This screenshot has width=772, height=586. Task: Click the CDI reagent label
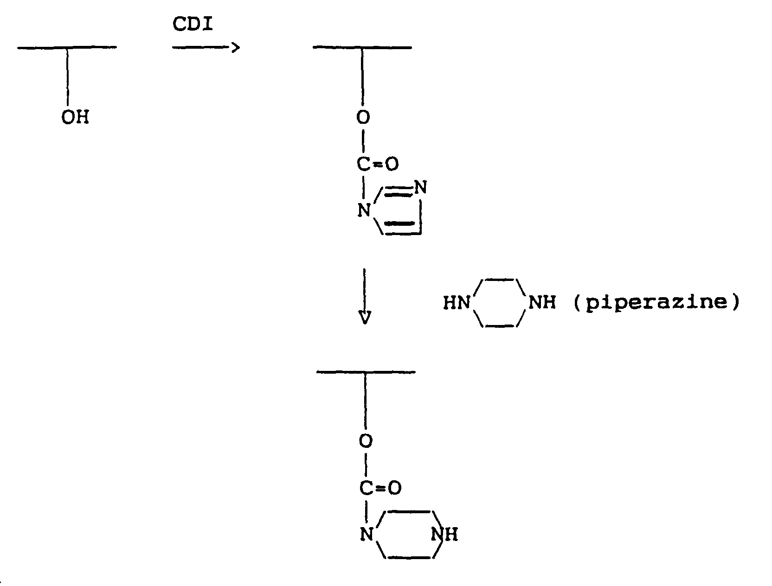click(x=193, y=25)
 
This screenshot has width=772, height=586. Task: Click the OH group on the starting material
click(x=74, y=118)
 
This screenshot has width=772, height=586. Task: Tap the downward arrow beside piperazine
click(x=365, y=297)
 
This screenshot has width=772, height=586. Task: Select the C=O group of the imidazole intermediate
click(x=378, y=164)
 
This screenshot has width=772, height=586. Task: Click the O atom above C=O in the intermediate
click(x=364, y=118)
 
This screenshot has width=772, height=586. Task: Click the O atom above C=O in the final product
click(x=366, y=441)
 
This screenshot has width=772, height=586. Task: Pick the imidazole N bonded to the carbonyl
click(x=365, y=211)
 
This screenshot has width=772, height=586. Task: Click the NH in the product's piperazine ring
click(x=444, y=535)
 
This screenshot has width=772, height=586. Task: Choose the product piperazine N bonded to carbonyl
click(x=367, y=535)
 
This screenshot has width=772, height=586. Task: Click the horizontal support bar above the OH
click(x=67, y=47)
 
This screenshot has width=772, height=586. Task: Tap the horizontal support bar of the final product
click(x=366, y=372)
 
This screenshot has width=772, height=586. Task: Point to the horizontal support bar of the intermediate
click(x=362, y=47)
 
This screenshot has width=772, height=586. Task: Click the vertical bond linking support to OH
click(x=68, y=76)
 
